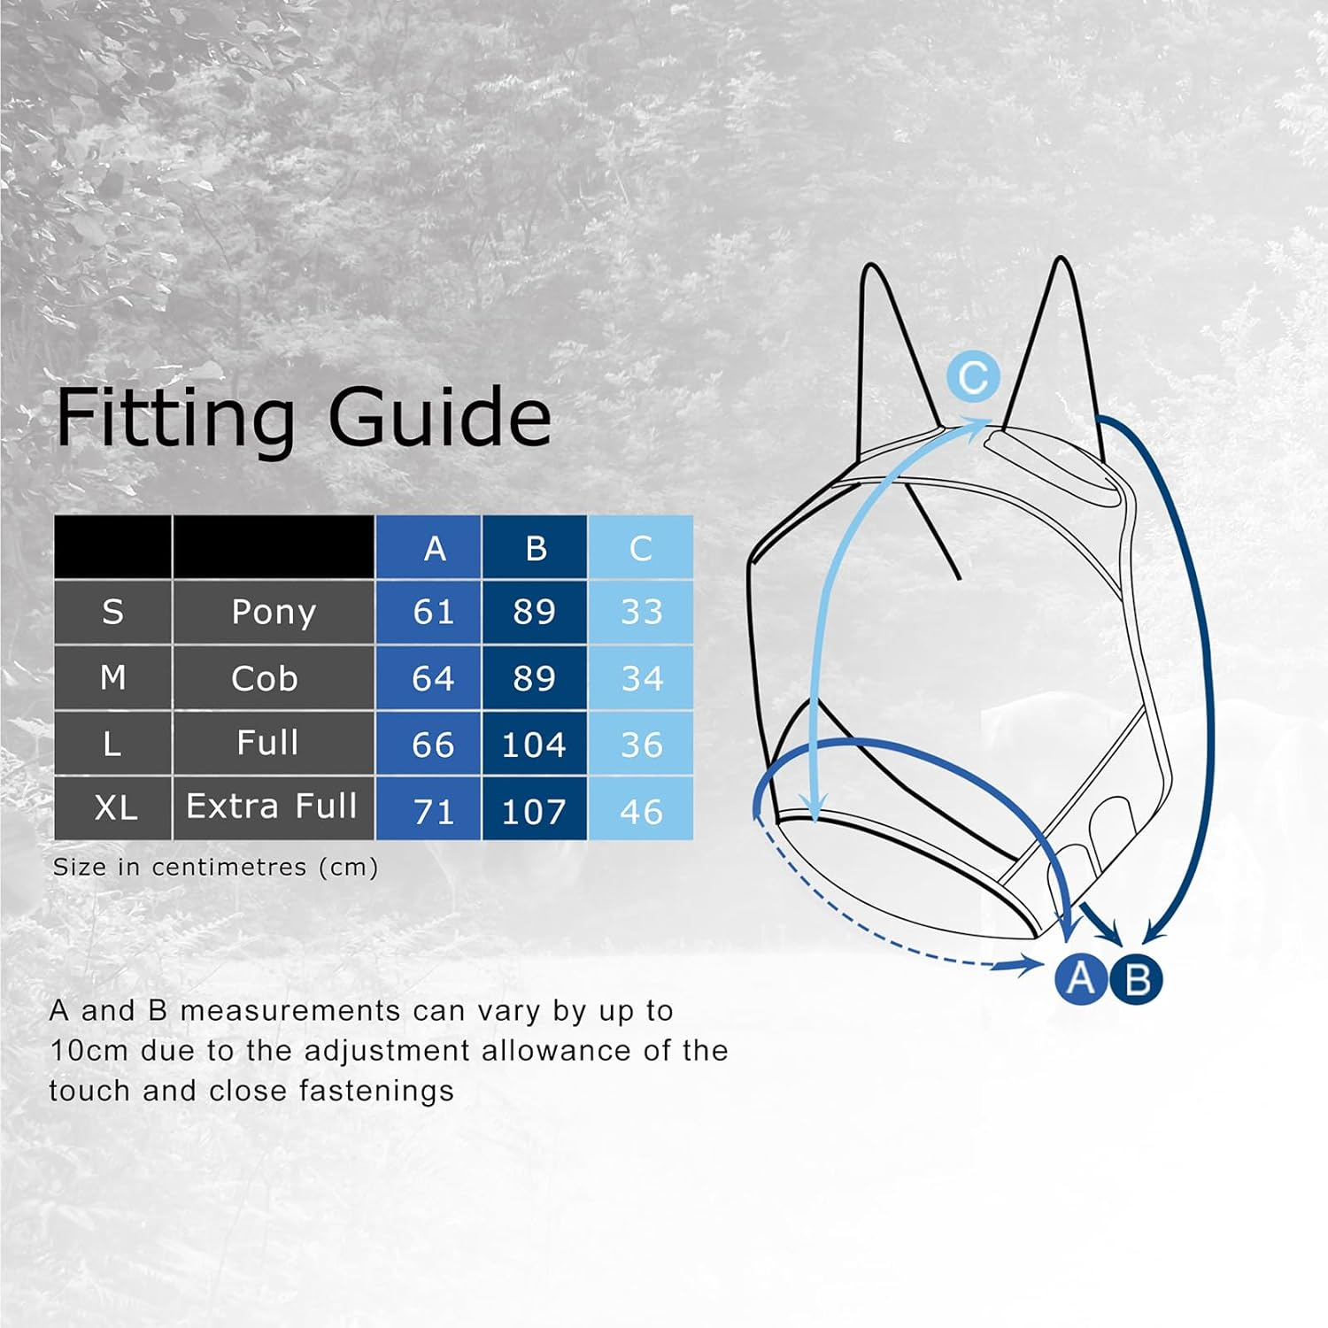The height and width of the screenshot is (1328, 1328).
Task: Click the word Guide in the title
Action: tap(439, 417)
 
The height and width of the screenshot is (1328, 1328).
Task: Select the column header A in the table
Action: tap(434, 549)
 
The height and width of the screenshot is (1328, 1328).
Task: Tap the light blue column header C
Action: tap(640, 549)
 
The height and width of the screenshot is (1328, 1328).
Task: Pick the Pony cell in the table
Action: tap(273, 612)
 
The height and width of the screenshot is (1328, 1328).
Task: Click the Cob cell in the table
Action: tap(265, 679)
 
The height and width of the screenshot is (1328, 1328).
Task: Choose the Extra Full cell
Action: tap(271, 807)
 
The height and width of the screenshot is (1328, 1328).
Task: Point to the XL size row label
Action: tap(115, 808)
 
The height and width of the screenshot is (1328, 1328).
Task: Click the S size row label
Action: tap(112, 612)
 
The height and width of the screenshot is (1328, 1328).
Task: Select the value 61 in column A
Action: tap(433, 612)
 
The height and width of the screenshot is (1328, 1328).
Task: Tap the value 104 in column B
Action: tap(533, 745)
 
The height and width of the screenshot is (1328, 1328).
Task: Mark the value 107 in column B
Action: tap(533, 812)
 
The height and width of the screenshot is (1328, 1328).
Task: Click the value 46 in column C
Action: tap(641, 812)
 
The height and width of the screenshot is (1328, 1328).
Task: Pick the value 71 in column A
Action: tap(433, 812)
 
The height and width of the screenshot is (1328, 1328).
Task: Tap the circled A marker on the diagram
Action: tap(1080, 979)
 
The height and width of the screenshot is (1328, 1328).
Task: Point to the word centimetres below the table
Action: tap(230, 867)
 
